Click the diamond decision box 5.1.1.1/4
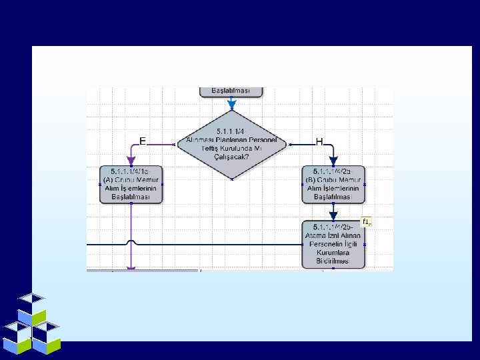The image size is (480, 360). pos(231,145)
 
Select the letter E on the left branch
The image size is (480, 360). pos(143,140)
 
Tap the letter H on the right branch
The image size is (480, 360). pos(319,142)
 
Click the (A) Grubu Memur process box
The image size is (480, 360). pos(131,184)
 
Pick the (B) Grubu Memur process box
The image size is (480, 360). pos(333,184)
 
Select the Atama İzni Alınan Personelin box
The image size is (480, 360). pos(333,245)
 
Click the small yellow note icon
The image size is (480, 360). pos(366,221)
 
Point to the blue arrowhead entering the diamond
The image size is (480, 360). pos(231,105)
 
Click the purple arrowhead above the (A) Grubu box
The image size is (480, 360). pos(131,161)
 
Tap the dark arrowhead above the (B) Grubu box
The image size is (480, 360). pos(333,161)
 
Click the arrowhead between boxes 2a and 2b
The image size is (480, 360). pos(333,217)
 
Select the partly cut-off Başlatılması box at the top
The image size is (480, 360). pos(231,91)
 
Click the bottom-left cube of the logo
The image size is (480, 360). pos(16,337)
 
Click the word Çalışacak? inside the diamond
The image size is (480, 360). pos(231,157)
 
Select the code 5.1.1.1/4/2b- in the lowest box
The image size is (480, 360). pos(333,228)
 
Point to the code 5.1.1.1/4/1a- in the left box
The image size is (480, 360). pos(131,171)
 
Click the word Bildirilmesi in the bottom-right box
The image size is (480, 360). pos(333,261)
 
